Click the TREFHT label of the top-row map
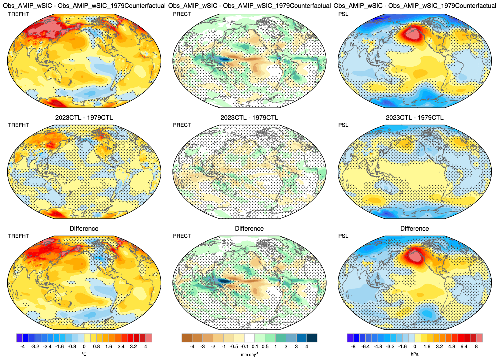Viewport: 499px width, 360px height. (18, 14)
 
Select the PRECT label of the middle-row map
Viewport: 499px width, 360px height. (182, 125)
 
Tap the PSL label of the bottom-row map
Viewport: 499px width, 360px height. (343, 236)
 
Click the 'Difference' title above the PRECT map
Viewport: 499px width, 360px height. (249, 228)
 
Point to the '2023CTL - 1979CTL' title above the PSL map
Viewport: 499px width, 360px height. (415, 117)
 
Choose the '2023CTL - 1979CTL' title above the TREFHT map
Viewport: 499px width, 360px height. (84, 117)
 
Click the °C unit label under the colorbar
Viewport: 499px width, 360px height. (84, 354)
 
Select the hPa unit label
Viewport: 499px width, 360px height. (415, 354)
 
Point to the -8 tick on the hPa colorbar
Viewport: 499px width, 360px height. (353, 347)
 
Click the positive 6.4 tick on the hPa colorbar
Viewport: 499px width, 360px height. (464, 347)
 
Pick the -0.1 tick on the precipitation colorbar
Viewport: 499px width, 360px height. (245, 347)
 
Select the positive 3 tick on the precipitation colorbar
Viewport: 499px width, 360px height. (296, 347)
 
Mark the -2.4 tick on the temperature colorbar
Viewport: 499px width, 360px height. (47, 347)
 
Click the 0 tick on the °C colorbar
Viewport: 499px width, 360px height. (84, 347)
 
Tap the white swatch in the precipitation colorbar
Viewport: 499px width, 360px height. (249, 338)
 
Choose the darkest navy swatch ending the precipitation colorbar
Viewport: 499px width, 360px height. (312, 338)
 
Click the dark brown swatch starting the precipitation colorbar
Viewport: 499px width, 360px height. (187, 338)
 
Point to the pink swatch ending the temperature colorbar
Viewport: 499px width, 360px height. (149, 338)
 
